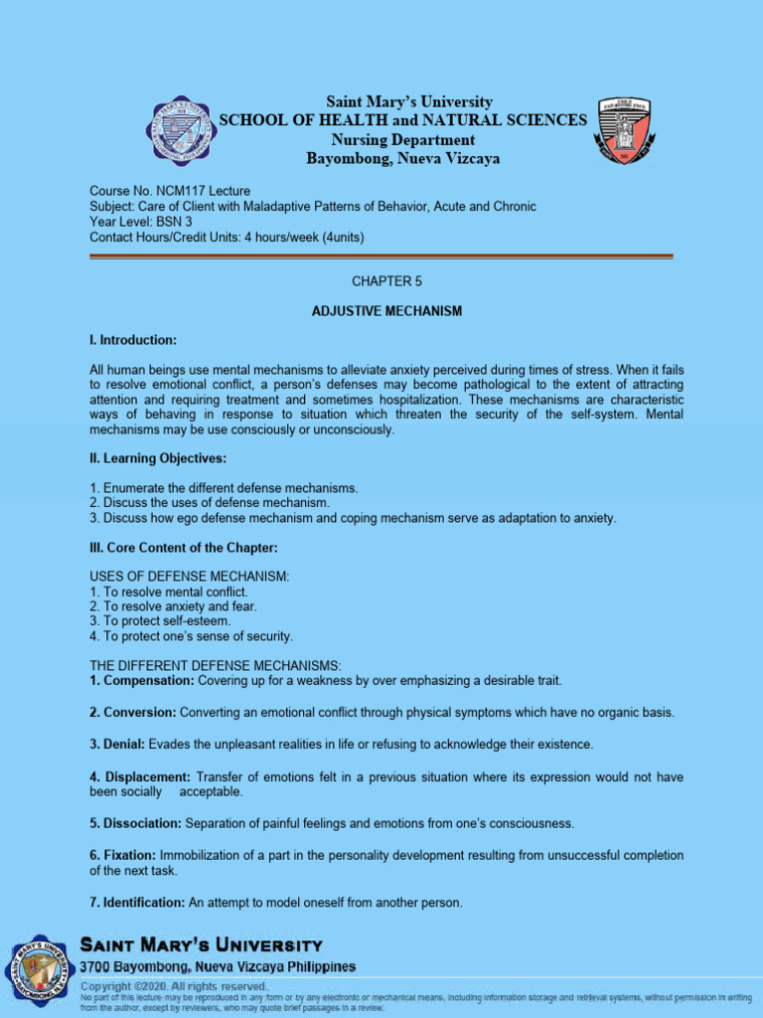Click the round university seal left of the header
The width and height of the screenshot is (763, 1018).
180,130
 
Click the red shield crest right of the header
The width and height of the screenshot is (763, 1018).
624,130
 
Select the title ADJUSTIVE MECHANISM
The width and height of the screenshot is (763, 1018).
387,311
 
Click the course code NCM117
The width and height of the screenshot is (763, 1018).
179,191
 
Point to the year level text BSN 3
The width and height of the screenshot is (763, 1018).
175,222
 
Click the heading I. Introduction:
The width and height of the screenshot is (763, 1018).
133,341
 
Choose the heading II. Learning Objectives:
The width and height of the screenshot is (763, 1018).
158,458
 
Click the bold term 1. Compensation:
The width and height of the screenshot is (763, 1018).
141,681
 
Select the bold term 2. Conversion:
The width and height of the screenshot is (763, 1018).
133,713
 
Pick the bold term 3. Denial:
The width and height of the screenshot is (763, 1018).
117,745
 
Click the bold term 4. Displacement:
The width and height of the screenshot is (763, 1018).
140,776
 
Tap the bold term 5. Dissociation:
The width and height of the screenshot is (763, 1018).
135,823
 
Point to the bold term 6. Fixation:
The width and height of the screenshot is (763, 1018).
122,855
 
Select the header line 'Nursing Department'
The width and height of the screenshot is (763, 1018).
402,139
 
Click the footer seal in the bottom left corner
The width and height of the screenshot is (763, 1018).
40,970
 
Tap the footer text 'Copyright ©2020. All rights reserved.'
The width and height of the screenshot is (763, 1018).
174,986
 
